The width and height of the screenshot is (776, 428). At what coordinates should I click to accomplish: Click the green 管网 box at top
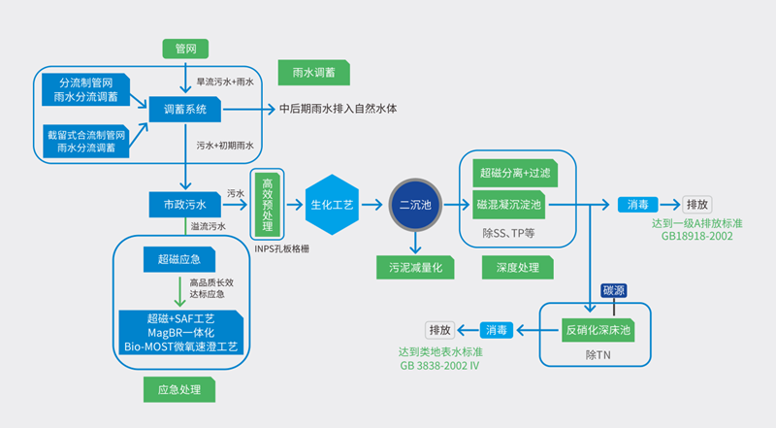click(185, 49)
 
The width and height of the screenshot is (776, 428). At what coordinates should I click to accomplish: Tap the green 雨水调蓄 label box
click(313, 72)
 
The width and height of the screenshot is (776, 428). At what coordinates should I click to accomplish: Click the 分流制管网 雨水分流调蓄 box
click(88, 89)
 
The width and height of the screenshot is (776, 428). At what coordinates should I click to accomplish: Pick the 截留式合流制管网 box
click(87, 142)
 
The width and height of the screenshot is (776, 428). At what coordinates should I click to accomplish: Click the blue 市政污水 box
click(185, 205)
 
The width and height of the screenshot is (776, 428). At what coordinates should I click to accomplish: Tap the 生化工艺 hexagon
click(332, 205)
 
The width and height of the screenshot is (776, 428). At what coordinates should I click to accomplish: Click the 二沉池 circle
click(416, 205)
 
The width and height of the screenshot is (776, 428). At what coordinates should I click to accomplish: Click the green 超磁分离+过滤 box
click(514, 174)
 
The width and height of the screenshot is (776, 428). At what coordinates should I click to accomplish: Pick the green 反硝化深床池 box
click(598, 330)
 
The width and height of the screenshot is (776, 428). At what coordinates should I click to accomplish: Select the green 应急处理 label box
click(178, 390)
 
